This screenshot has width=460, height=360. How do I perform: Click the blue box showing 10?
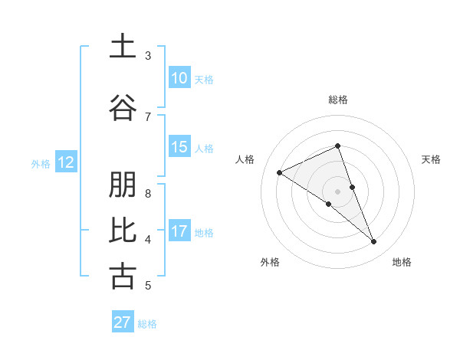tap(179, 78)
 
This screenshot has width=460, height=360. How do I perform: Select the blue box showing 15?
tap(179, 147)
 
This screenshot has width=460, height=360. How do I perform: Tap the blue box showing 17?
tap(179, 231)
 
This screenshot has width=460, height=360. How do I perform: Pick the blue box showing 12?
tap(66, 162)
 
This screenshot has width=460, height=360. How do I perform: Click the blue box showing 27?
tap(123, 322)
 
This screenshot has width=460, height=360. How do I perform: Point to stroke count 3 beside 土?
tap(148, 56)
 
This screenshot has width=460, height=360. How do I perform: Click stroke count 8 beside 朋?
tap(148, 193)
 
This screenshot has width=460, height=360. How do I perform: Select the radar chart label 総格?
tap(338, 100)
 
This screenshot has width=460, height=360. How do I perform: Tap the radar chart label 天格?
tap(432, 159)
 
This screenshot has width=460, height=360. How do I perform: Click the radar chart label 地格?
tap(402, 262)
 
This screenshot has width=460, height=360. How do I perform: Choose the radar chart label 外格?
tap(270, 262)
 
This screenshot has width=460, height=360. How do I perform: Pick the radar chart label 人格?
tap(245, 159)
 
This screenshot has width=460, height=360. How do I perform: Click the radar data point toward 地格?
tap(374, 242)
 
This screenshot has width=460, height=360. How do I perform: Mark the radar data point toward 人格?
tap(280, 172)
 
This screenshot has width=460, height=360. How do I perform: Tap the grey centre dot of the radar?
tap(338, 191)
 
